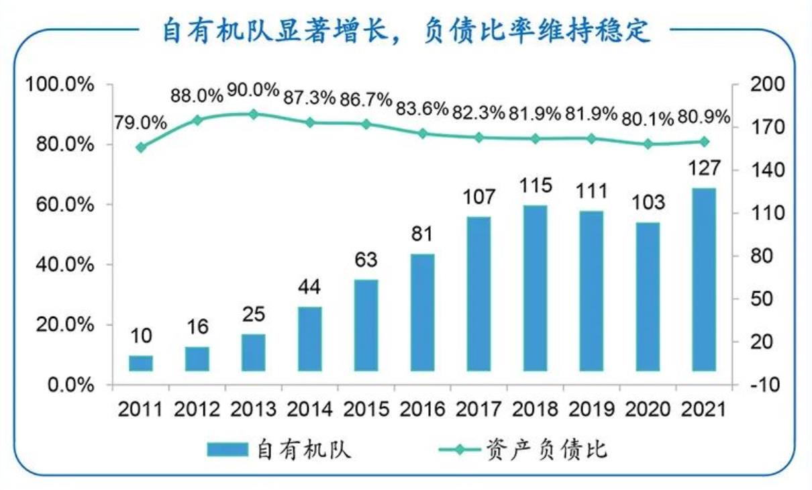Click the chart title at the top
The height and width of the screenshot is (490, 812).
tap(406, 31)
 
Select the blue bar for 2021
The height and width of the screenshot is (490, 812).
tap(704, 279)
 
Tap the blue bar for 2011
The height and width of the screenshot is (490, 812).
tap(141, 363)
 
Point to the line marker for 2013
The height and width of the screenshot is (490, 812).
tap(254, 114)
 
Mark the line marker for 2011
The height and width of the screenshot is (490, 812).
tap(141, 148)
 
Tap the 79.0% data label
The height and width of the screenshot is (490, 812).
tap(141, 122)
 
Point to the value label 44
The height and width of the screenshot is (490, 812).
tap(310, 287)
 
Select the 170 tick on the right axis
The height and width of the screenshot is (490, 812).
tap(760, 128)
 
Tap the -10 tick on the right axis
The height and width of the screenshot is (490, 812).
tap(760, 385)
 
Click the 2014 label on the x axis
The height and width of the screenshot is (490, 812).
tap(310, 409)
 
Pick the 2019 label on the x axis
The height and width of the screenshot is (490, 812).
tap(591, 409)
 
